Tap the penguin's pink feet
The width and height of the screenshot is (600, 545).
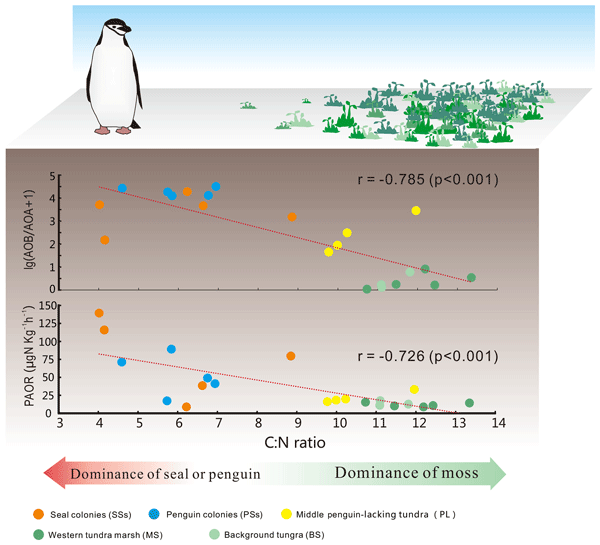pyautogui.click(x=113, y=130)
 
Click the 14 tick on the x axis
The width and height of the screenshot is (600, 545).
pyautogui.click(x=494, y=424)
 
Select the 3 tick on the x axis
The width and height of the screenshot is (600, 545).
pyautogui.click(x=60, y=424)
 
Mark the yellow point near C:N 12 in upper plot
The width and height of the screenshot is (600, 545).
pyautogui.click(x=416, y=210)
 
